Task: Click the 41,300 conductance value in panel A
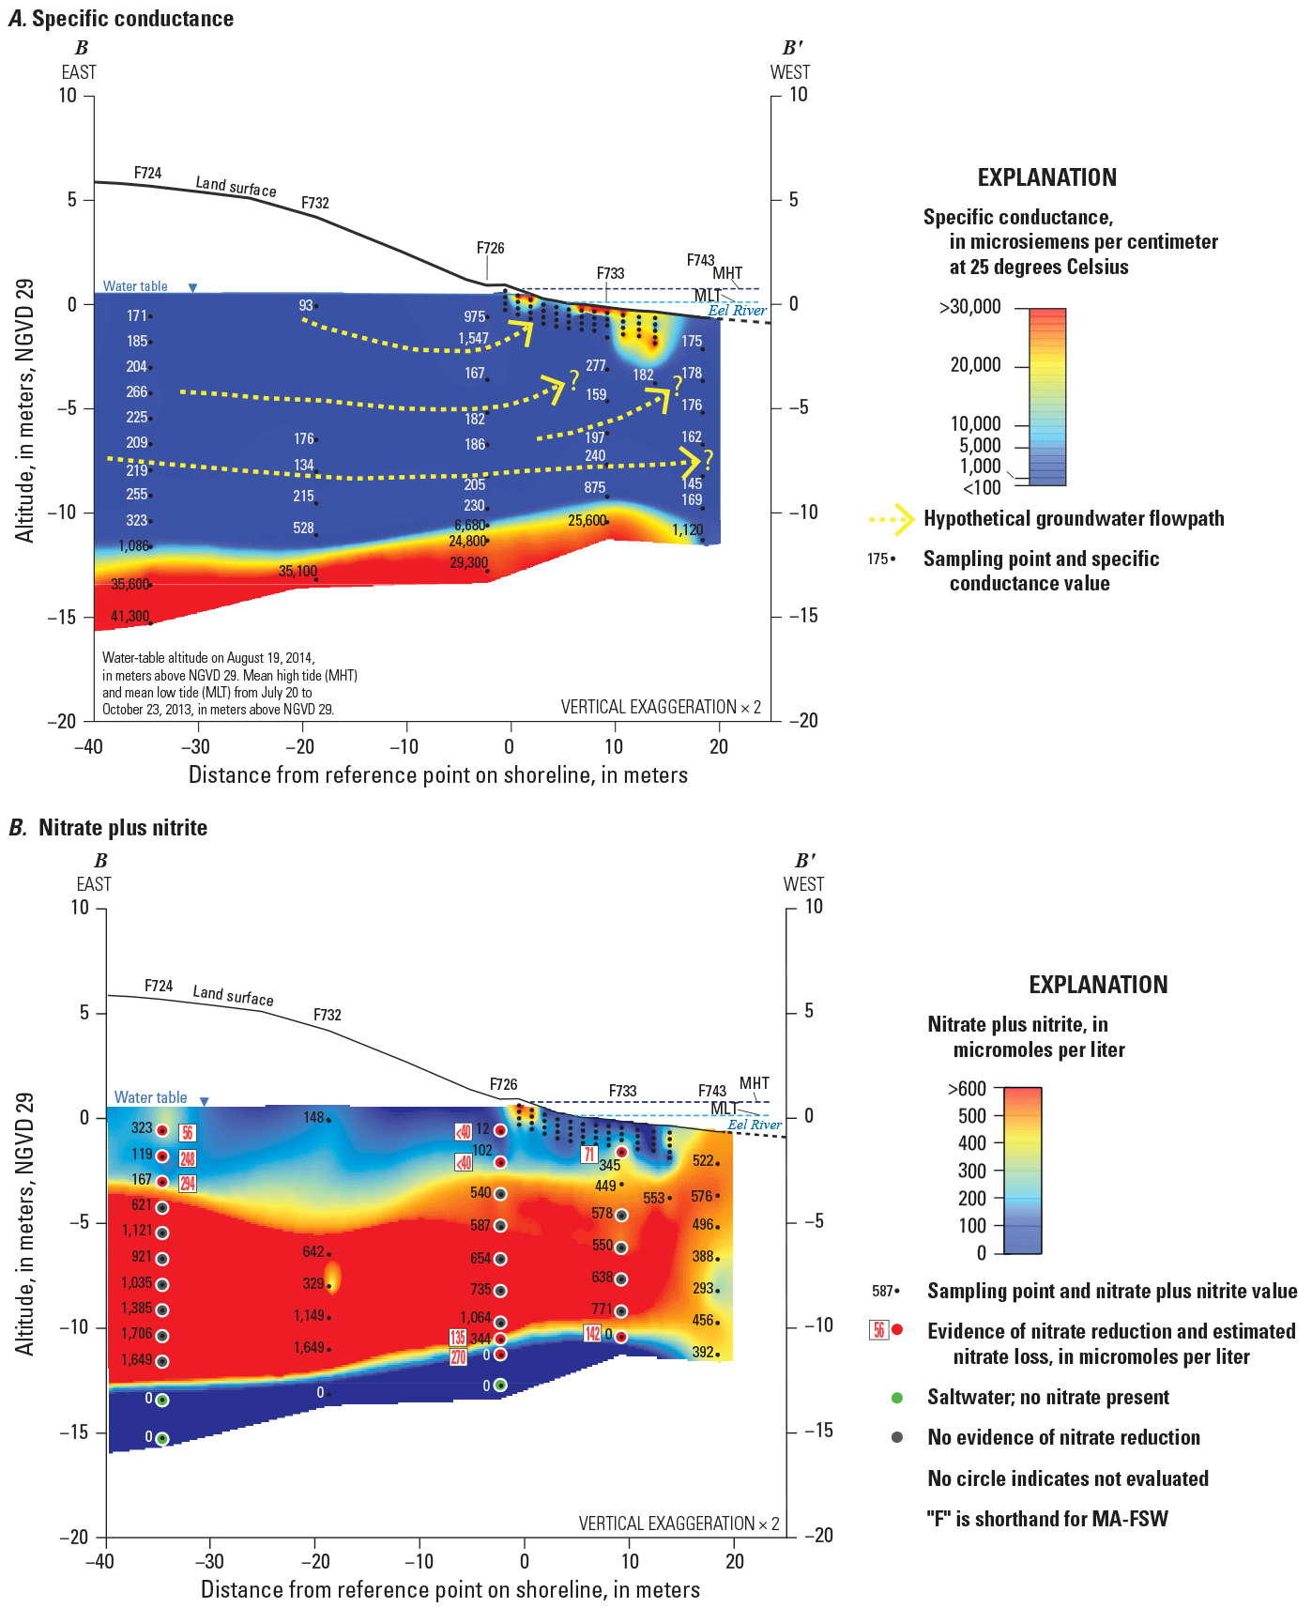[x=130, y=617]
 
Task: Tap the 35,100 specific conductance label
[x=297, y=571]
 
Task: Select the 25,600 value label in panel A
[x=587, y=520]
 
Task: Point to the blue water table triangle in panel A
[x=193, y=287]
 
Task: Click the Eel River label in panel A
[x=737, y=311]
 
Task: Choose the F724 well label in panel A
[x=147, y=173]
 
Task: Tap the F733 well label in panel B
[x=622, y=1091]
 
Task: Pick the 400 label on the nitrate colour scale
[x=971, y=1143]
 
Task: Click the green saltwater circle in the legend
[x=897, y=1398]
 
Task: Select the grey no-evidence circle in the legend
[x=897, y=1438]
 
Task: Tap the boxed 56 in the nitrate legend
[x=878, y=1330]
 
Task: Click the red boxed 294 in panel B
[x=188, y=1184]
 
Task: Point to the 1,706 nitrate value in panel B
[x=136, y=1334]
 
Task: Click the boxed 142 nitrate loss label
[x=592, y=1334]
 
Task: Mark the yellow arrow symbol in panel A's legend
[x=892, y=519]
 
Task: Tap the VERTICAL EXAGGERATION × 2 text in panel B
[x=679, y=1524]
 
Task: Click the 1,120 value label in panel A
[x=687, y=530]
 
